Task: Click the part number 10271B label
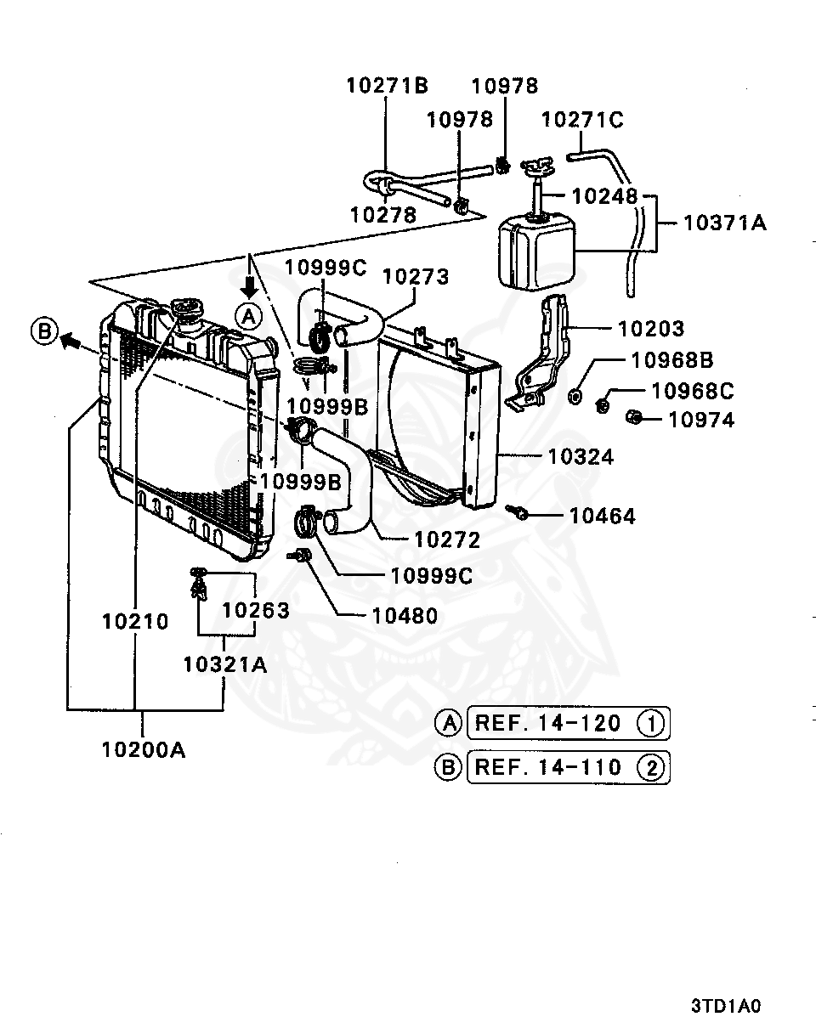(387, 85)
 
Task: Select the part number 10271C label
(582, 120)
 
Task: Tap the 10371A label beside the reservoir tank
(724, 223)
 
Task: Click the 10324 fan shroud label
(581, 457)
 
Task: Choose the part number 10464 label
(602, 516)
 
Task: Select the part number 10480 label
(405, 615)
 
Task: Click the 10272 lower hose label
(446, 539)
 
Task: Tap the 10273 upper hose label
(415, 276)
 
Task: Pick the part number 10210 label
(135, 621)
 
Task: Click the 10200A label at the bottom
(143, 749)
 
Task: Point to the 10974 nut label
(700, 419)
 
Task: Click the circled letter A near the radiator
(248, 316)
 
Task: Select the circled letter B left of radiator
(44, 330)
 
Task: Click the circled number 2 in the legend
(652, 768)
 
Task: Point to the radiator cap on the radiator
(184, 308)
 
